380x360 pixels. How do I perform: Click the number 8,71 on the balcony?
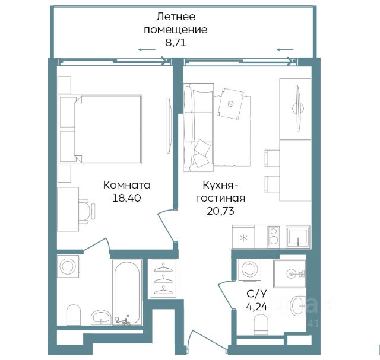point(176,43)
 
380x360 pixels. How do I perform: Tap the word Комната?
point(126,185)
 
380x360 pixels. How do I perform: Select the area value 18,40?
point(126,198)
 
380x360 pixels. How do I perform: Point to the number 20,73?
point(220,211)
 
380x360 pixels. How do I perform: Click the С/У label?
point(256,294)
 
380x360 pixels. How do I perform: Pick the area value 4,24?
point(256,307)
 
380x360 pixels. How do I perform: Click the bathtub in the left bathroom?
point(127,293)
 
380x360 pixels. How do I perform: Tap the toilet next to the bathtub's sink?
point(74,315)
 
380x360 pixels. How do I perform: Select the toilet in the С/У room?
point(261,324)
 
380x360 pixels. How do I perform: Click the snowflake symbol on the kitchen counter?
point(243,237)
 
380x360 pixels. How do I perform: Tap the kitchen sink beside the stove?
point(298,237)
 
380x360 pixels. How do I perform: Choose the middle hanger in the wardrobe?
point(163,279)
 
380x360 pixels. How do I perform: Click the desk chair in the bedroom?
point(87,211)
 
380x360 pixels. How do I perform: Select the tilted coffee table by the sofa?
point(231,104)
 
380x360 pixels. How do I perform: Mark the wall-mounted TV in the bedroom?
point(169,125)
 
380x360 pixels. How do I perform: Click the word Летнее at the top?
point(176,17)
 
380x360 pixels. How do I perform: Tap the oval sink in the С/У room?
point(298,306)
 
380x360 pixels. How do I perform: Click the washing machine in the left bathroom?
point(68,266)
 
